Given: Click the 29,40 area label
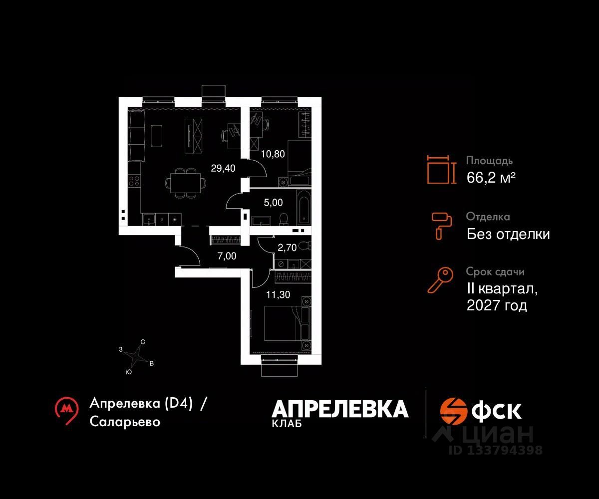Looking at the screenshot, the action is [x=223, y=168].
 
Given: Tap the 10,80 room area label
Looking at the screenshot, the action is [x=274, y=154].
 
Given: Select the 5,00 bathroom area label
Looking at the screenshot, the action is [x=273, y=203].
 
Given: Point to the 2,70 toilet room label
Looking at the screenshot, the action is [x=287, y=247].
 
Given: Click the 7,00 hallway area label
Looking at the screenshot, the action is [x=227, y=256].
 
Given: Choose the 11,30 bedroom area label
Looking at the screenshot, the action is [x=278, y=295].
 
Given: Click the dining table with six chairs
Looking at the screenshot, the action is [x=185, y=183].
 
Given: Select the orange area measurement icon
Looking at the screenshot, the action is [x=441, y=170].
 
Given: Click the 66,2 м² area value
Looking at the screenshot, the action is [x=491, y=178].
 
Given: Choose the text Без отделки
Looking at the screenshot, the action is [x=508, y=234].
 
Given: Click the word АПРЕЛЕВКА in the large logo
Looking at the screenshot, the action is [x=340, y=409].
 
